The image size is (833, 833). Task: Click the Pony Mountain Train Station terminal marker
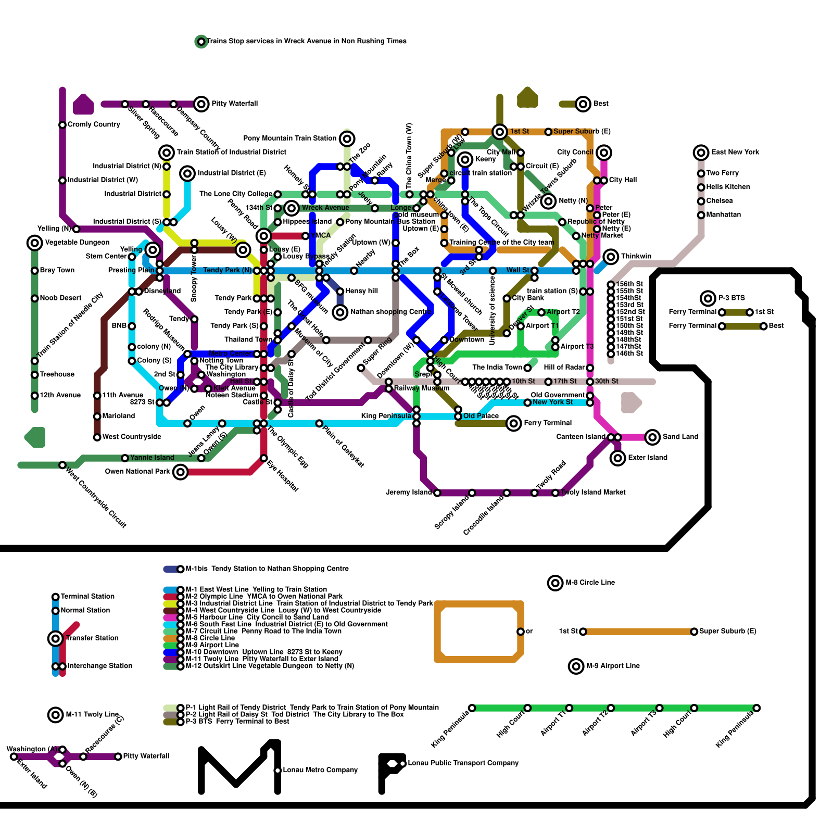[347, 138]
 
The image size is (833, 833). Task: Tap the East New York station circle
[701, 153]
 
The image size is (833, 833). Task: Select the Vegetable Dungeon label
[77, 243]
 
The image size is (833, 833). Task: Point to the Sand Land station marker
[652, 437]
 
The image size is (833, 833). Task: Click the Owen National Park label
[137, 472]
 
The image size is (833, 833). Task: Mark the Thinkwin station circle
[611, 257]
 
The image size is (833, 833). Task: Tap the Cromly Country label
[94, 124]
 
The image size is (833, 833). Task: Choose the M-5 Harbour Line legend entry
[257, 617]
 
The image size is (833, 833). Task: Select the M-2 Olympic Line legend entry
[264, 597]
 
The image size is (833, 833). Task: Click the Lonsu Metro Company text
[320, 770]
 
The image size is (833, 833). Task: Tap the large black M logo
[239, 768]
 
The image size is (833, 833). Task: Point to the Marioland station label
[119, 416]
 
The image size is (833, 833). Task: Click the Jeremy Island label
[409, 493]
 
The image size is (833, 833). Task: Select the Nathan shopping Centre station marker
[340, 312]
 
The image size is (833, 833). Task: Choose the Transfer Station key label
[92, 638]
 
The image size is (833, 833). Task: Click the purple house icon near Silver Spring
[83, 104]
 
